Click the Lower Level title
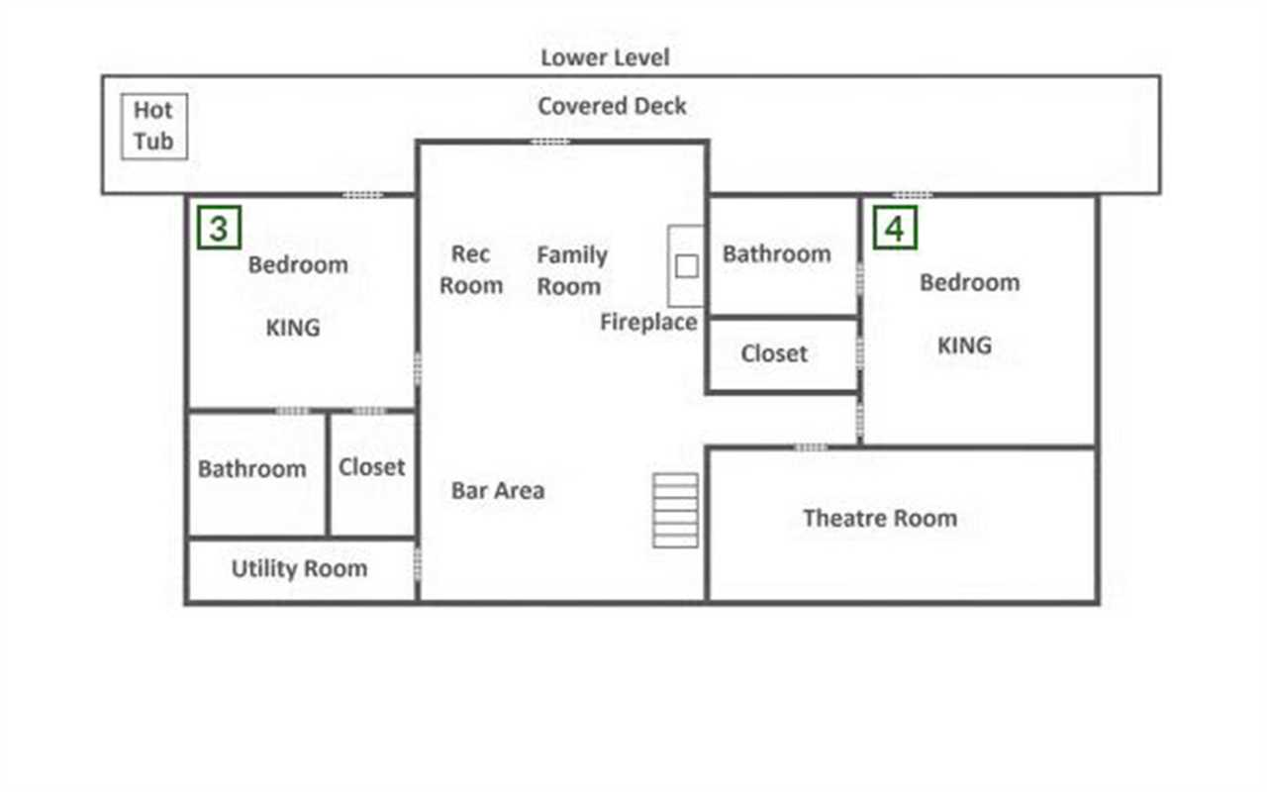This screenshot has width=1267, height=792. pos(605,57)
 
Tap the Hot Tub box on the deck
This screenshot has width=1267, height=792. pos(154,126)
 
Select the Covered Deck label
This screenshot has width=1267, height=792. pos(612,106)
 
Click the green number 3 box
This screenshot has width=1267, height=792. pos(220,228)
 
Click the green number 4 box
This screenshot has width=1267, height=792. pos(896,228)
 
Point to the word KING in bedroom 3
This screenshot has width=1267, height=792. pos(293,328)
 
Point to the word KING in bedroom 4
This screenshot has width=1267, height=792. pos(965,346)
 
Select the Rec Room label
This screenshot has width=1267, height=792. pos(471,270)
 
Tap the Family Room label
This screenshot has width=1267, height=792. pos(572,270)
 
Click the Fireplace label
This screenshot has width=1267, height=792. pos(648,322)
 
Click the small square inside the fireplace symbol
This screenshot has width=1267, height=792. pos(687,266)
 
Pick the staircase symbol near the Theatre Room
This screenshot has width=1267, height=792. pos(675,510)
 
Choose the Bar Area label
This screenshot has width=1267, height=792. pos(498,490)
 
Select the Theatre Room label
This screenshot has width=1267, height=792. pos(880,518)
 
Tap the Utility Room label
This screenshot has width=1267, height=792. pos(300,568)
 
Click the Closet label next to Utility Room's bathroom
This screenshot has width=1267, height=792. pos(371,467)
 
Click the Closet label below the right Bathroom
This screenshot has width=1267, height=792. pos(774,353)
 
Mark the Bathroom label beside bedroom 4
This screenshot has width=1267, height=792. pos(777,254)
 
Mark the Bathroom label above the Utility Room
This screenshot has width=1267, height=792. pos(252,469)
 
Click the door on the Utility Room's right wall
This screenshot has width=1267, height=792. pos(418,563)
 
